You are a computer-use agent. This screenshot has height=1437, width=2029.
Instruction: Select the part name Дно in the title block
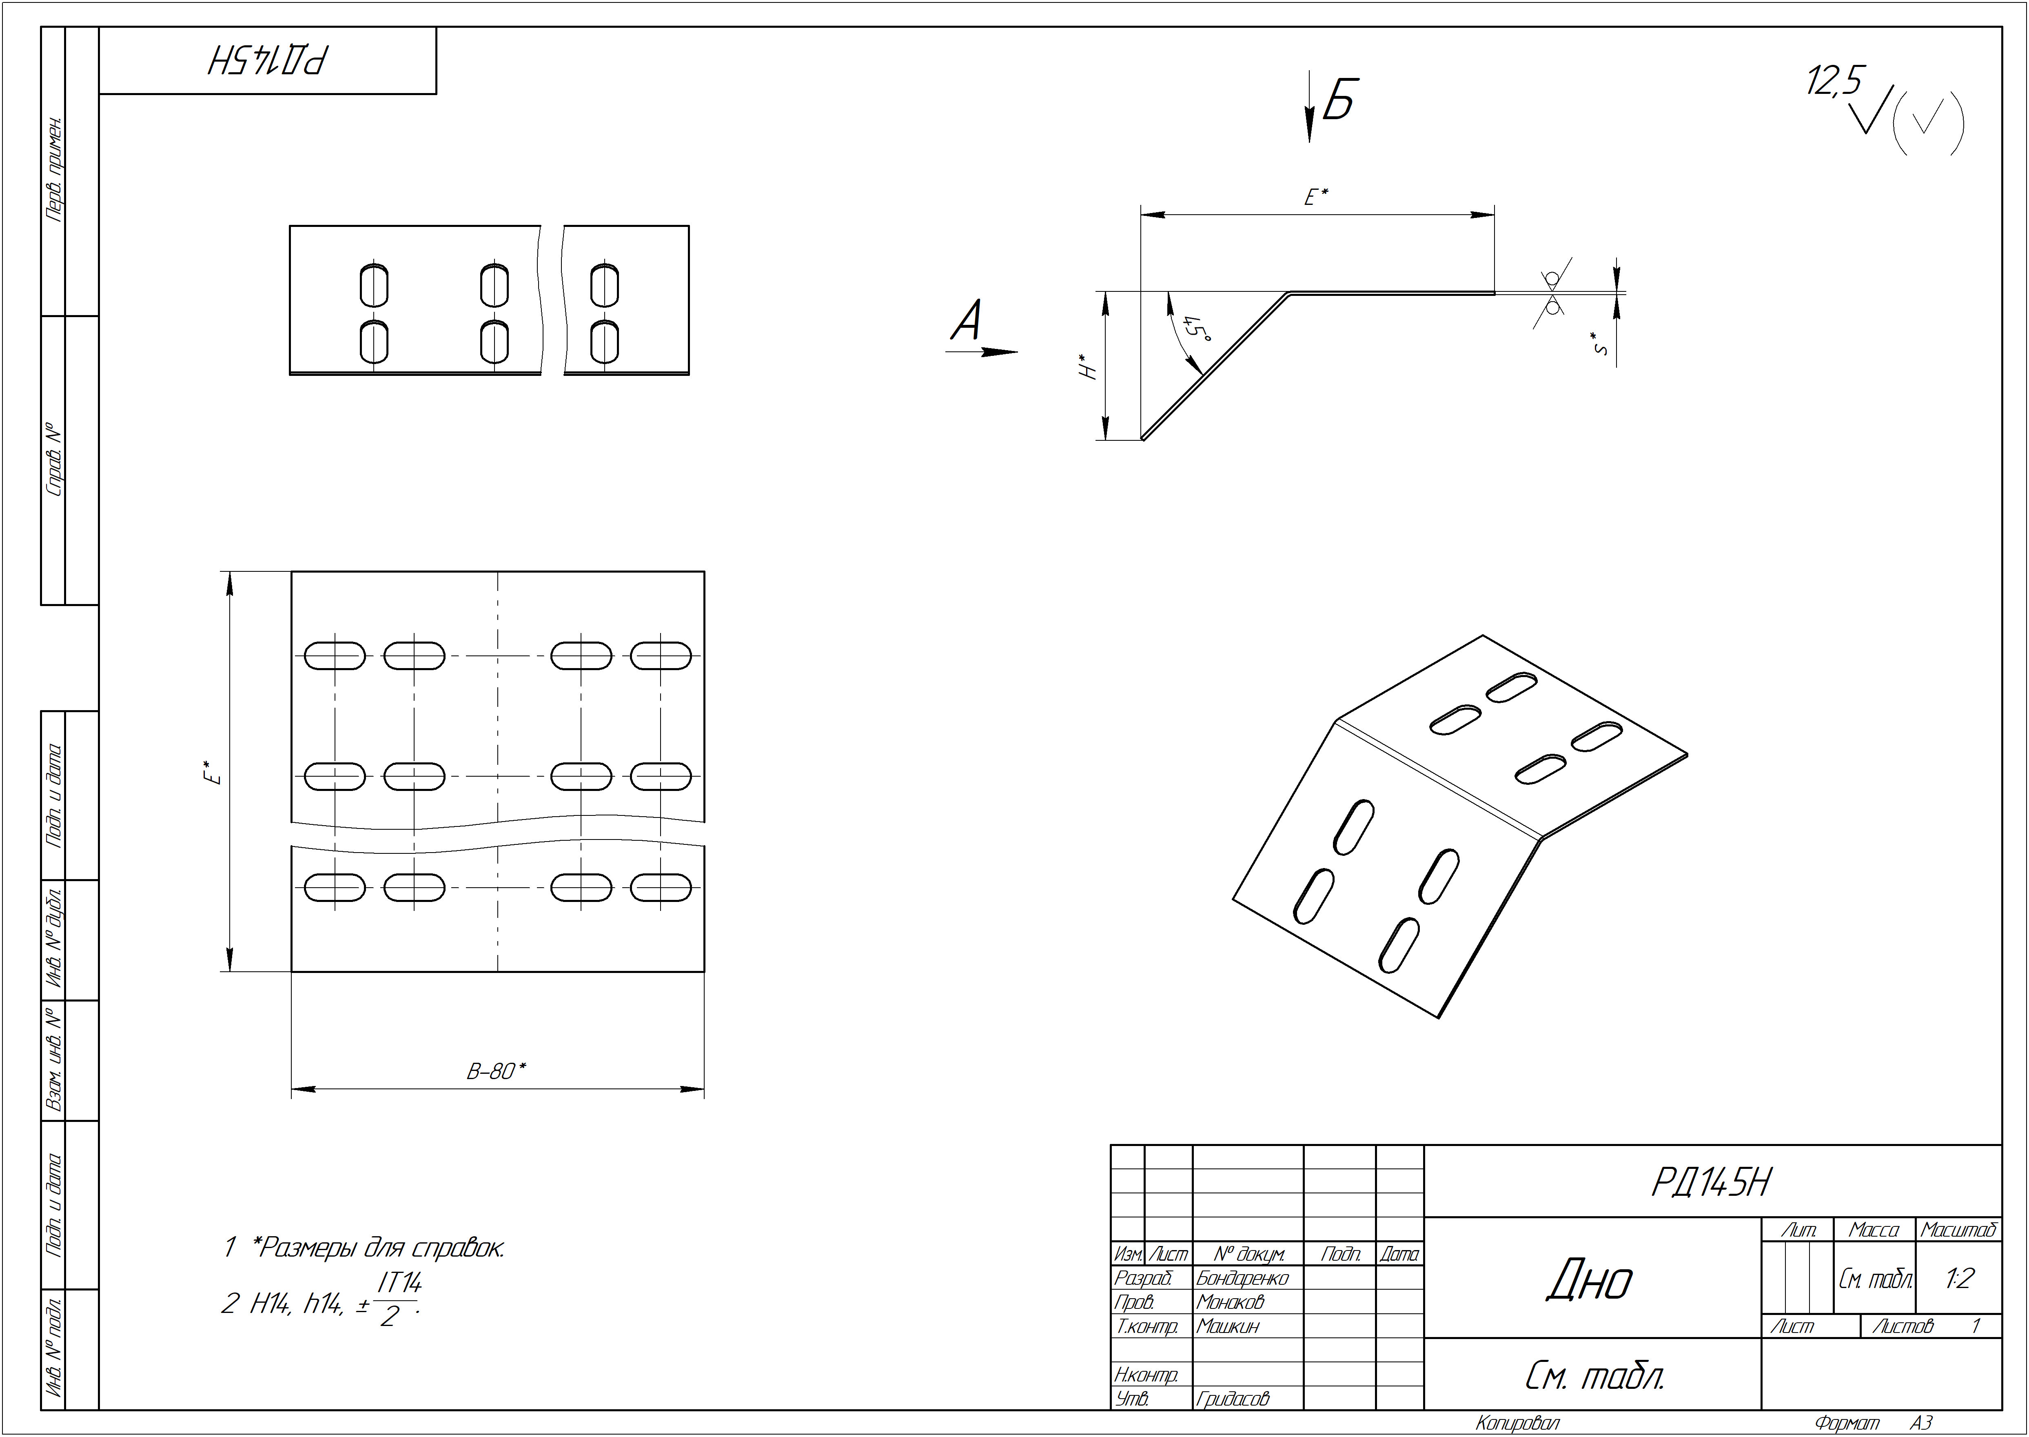[1590, 1280]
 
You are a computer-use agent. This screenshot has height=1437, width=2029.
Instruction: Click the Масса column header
[1873, 1230]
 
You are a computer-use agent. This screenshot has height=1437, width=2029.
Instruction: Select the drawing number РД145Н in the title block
[1712, 1182]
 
